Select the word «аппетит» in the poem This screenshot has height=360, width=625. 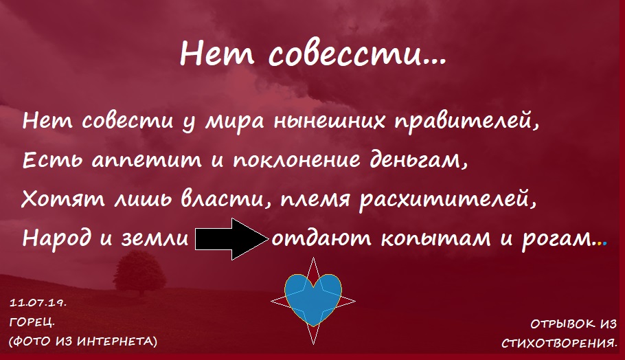[x=147, y=161]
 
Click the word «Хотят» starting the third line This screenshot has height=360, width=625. [x=63, y=199]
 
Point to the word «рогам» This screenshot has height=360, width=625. [x=557, y=239]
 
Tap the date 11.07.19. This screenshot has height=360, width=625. [x=38, y=302]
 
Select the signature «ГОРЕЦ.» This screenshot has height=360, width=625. [x=32, y=322]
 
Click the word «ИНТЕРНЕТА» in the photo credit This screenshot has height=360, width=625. [x=117, y=341]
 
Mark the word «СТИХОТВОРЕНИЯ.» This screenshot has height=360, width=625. [x=560, y=343]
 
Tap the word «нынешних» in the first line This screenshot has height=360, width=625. [x=330, y=122]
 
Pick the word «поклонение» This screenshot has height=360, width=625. [x=297, y=160]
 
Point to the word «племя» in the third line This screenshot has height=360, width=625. [x=315, y=199]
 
